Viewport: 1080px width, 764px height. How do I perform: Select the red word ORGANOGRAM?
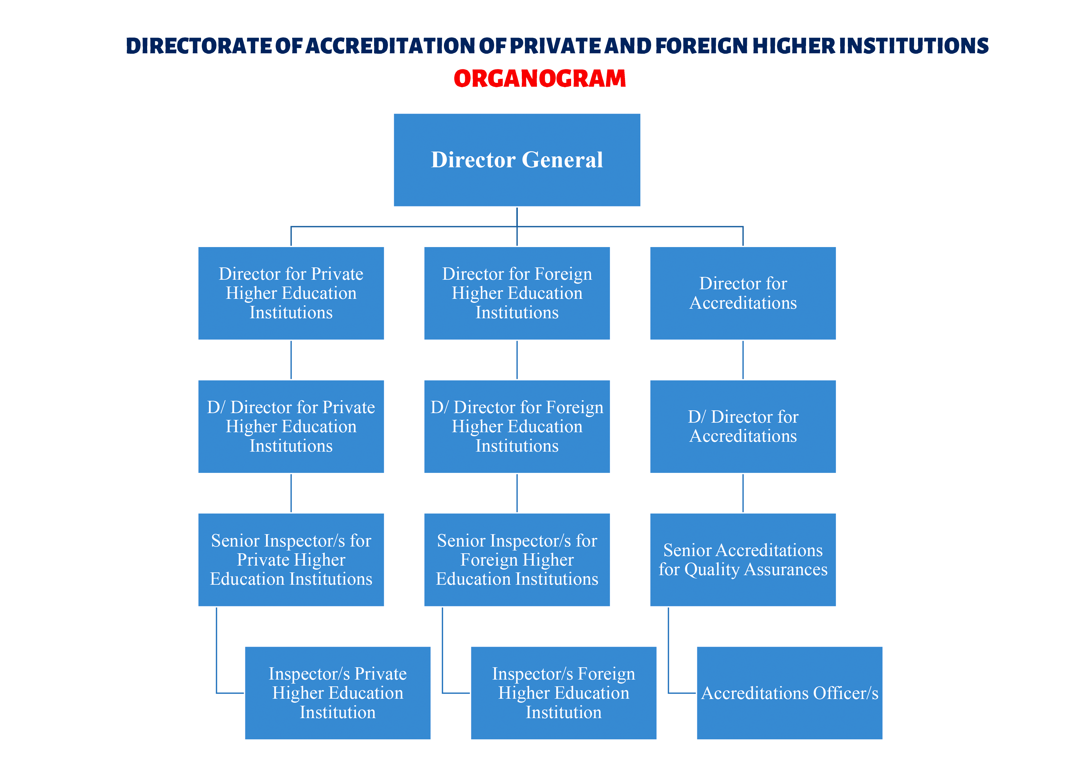(x=539, y=79)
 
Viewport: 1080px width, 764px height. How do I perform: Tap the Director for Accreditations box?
(x=743, y=293)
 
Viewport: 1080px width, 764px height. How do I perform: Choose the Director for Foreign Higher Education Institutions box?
(x=517, y=293)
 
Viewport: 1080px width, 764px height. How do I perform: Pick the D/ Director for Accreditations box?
(x=743, y=426)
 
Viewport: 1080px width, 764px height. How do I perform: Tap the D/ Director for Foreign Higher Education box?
(x=517, y=426)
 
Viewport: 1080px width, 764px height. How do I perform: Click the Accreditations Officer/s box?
(x=789, y=693)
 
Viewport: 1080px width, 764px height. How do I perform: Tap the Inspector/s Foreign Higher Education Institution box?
(x=563, y=693)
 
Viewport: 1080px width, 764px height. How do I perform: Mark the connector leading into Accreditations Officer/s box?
(x=681, y=693)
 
